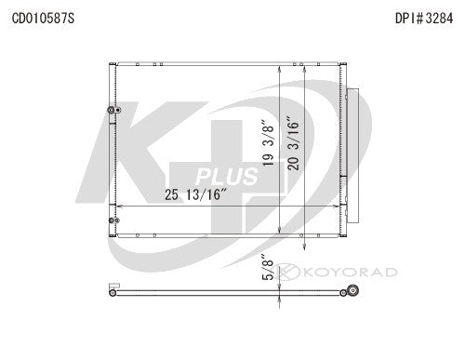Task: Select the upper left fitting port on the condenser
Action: (x=113, y=111)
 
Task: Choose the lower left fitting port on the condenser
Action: (x=113, y=220)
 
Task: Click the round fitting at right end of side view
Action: (x=352, y=294)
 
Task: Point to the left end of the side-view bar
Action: (x=110, y=294)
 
